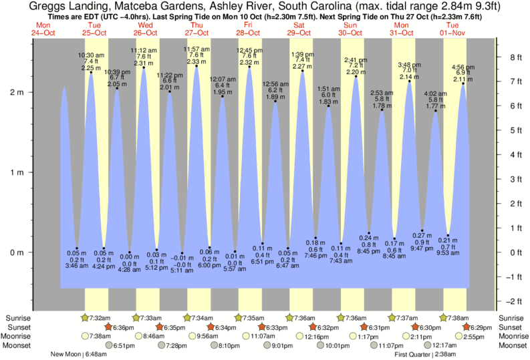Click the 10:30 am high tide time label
[x=91, y=55]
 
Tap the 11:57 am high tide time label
[x=196, y=49]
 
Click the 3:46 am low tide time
[x=76, y=266]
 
